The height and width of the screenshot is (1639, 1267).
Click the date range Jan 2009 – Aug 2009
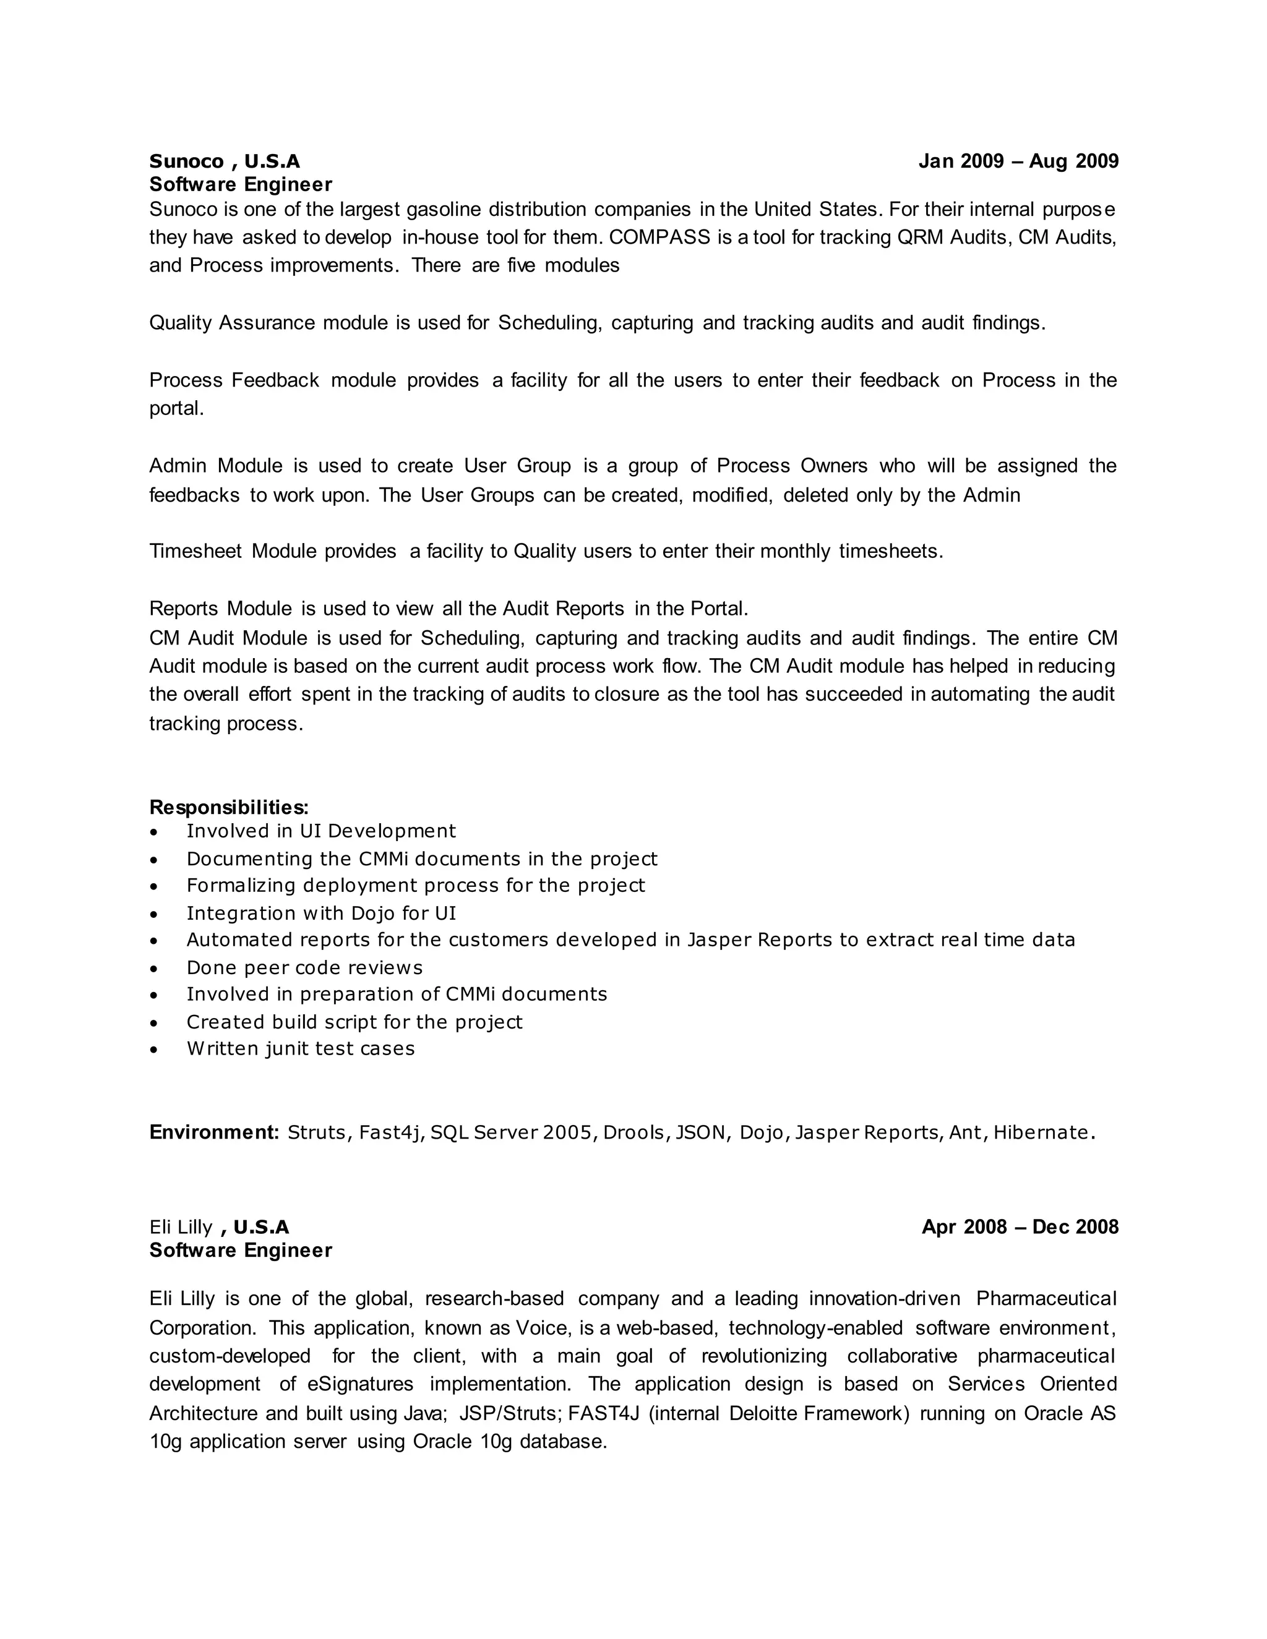[x=1018, y=161]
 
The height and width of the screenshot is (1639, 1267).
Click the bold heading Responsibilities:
[x=229, y=808]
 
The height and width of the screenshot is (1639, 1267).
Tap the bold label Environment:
[x=214, y=1132]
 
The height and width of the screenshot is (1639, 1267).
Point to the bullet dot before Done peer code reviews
[x=154, y=969]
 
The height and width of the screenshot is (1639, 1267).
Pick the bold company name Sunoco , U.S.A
[x=225, y=161]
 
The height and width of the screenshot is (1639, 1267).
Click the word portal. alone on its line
[x=176, y=409]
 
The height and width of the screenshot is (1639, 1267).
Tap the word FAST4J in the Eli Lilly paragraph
[x=603, y=1414]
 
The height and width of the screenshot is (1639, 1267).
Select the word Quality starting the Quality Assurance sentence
[x=181, y=323]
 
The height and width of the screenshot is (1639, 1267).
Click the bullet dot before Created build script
[x=154, y=1023]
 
